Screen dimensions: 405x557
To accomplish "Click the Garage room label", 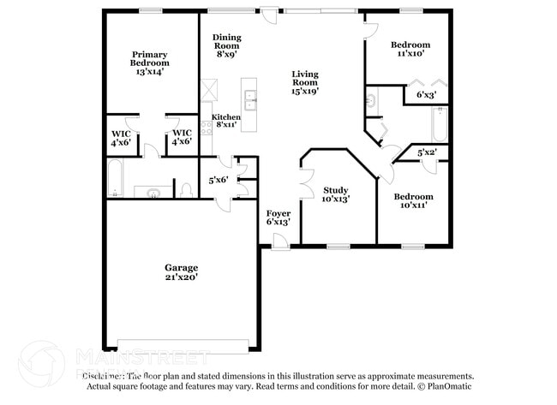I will point(181,267).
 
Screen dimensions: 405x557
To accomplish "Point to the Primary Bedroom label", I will point(149,58).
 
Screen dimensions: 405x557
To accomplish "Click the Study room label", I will point(335,190).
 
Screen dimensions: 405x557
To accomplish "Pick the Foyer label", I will point(278,212).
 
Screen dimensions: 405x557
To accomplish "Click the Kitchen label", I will point(226,117).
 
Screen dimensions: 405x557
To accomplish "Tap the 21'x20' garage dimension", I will point(181,277).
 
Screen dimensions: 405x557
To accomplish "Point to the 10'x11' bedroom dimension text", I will point(412,205).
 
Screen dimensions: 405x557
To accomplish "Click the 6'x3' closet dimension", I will point(426,95).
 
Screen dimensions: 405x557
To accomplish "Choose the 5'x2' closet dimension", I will point(427,152).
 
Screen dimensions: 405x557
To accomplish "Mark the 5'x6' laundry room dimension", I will point(219,180).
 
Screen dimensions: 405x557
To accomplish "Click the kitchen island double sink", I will point(249,101).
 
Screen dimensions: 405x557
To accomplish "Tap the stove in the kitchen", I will point(206,128).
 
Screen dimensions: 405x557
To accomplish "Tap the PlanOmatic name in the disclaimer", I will point(451,386).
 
